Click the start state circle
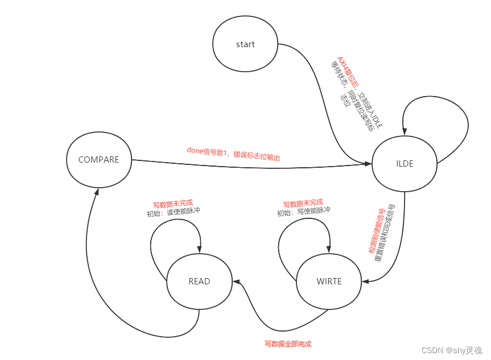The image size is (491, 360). [x=245, y=44]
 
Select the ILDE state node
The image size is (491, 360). [x=405, y=164]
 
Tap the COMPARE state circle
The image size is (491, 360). [x=98, y=160]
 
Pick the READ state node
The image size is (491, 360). [x=199, y=282]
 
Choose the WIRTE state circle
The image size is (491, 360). [x=329, y=282]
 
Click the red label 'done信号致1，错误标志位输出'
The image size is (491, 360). [x=233, y=154]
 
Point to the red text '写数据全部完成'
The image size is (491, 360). [x=288, y=344]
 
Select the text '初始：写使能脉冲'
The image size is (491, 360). [x=303, y=211]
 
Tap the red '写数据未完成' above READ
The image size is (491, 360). [x=172, y=204]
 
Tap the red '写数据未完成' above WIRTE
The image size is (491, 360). [x=303, y=203]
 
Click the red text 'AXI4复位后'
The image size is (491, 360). [x=346, y=70]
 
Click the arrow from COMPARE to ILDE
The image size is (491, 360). [x=250, y=164]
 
